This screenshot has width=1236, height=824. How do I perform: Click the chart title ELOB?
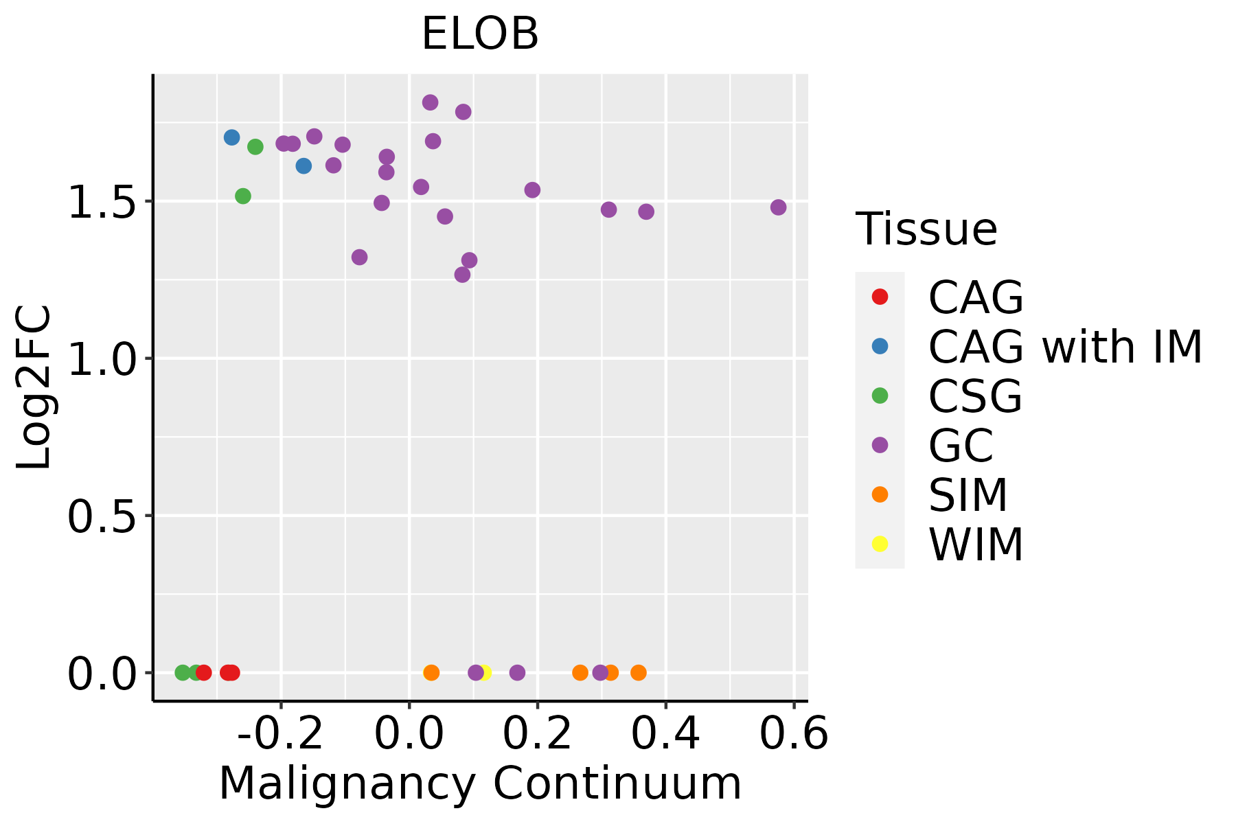tap(480, 34)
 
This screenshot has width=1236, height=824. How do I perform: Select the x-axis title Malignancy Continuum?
tap(480, 783)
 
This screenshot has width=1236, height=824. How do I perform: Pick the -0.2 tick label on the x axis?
tap(280, 734)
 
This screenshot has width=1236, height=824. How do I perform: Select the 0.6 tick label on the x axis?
tap(794, 734)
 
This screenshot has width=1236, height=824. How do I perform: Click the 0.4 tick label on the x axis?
tap(665, 734)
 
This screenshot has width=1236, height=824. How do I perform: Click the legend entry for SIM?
tap(968, 495)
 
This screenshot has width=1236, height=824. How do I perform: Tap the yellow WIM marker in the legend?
tap(880, 544)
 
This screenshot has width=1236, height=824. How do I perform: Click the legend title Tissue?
tap(926, 229)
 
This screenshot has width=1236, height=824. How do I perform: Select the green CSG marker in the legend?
tap(880, 396)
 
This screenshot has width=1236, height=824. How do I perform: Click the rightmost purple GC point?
tap(778, 207)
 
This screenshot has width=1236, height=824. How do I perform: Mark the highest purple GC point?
tap(431, 102)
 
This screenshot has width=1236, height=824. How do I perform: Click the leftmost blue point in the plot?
tap(232, 137)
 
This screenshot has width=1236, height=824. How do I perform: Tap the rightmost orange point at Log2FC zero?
tap(639, 672)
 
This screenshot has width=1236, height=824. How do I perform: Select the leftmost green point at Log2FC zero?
tap(183, 672)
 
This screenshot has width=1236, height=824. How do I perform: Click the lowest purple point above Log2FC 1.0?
tap(462, 275)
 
